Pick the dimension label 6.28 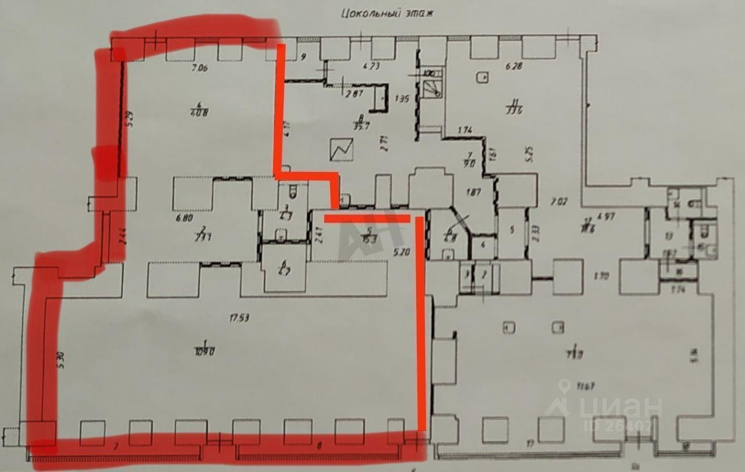[x=514, y=66]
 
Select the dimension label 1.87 [x=472, y=192]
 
